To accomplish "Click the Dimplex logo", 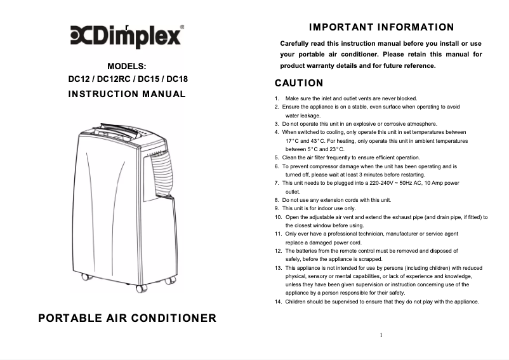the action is [x=126, y=36].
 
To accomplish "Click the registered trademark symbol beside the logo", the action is [x=182, y=27].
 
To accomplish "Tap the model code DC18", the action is [x=177, y=79].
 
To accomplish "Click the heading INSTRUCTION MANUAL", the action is [x=127, y=94].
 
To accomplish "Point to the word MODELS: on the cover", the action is [x=127, y=66].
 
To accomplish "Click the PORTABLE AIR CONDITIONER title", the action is [x=127, y=318].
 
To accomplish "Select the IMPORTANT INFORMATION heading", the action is [x=381, y=27].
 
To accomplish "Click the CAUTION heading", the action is [x=299, y=83].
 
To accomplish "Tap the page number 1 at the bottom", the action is [x=381, y=335].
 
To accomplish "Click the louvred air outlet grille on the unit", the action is [x=162, y=175].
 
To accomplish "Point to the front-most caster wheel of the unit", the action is [x=142, y=289].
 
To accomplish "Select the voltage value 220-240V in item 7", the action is [x=381, y=183].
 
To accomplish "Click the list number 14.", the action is [x=278, y=302].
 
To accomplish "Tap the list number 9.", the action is [x=277, y=208].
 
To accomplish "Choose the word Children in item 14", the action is [x=295, y=302].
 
